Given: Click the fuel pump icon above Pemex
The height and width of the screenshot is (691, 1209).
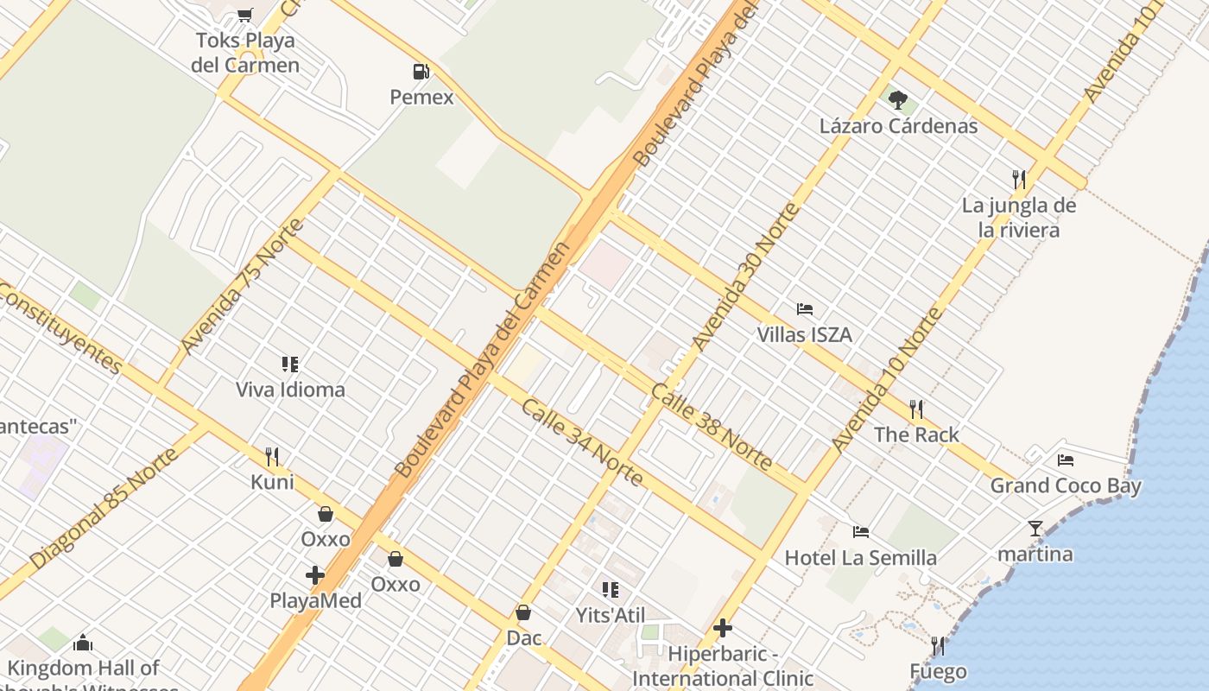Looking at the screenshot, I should pyautogui.click(x=421, y=72).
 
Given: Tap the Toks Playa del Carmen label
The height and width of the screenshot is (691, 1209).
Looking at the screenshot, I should pyautogui.click(x=245, y=52).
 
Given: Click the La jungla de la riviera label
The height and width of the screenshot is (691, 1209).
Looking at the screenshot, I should pyautogui.click(x=1019, y=218).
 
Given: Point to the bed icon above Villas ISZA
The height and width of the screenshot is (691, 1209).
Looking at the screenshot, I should pyautogui.click(x=805, y=309).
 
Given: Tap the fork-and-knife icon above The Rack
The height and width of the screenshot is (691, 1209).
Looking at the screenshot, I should pyautogui.click(x=916, y=409).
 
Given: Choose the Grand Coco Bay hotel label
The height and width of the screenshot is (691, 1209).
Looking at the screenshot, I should pyautogui.click(x=1066, y=485).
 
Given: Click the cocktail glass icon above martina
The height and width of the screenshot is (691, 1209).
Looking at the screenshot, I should pyautogui.click(x=1035, y=528).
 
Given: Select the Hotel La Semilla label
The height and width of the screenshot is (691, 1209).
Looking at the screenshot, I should pyautogui.click(x=860, y=558).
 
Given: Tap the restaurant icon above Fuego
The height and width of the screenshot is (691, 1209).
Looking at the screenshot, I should pyautogui.click(x=938, y=645).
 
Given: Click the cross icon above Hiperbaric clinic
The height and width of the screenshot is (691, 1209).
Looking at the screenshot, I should pyautogui.click(x=723, y=628).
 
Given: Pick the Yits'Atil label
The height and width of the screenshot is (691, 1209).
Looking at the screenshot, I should pyautogui.click(x=611, y=615).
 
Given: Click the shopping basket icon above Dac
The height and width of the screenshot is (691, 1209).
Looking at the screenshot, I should pyautogui.click(x=523, y=612).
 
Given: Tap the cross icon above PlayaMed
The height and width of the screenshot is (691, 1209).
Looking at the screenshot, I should pyautogui.click(x=315, y=574).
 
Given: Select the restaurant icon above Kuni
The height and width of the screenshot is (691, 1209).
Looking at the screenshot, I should pyautogui.click(x=272, y=456).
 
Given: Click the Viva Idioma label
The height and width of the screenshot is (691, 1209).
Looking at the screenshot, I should pyautogui.click(x=290, y=390).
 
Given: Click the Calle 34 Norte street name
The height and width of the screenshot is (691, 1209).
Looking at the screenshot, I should pyautogui.click(x=581, y=442).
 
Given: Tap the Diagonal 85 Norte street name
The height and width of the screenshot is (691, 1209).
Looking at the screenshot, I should pyautogui.click(x=104, y=508).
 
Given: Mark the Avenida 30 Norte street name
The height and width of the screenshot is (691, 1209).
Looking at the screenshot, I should pyautogui.click(x=745, y=277).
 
